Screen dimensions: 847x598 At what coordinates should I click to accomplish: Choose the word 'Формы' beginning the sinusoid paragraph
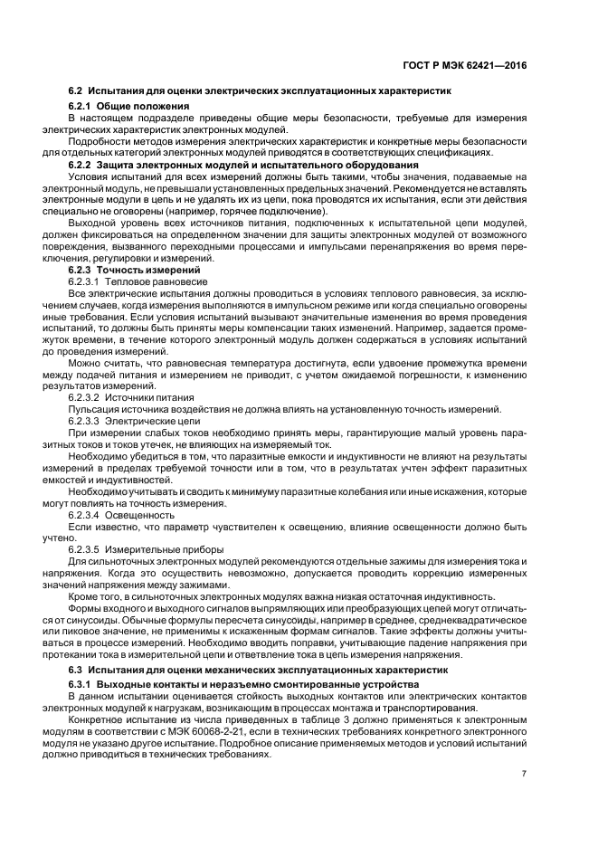(x=86, y=608)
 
